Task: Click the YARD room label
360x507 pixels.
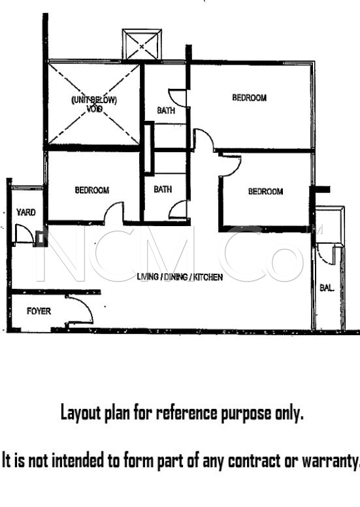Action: (26, 212)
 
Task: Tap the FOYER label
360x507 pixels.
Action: (39, 312)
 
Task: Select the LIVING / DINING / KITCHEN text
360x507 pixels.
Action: (180, 278)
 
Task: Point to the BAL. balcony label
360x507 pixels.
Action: (327, 287)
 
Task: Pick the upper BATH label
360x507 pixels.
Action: (166, 110)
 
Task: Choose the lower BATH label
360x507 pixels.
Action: (163, 190)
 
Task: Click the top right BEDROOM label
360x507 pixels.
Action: (250, 98)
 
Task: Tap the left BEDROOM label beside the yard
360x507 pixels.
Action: (91, 191)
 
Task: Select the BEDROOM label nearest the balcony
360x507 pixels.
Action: (265, 191)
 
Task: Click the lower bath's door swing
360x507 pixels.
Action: (178, 210)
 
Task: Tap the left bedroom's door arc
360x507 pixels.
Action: (114, 212)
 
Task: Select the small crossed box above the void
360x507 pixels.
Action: (142, 44)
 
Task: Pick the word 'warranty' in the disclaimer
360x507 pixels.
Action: (330, 461)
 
